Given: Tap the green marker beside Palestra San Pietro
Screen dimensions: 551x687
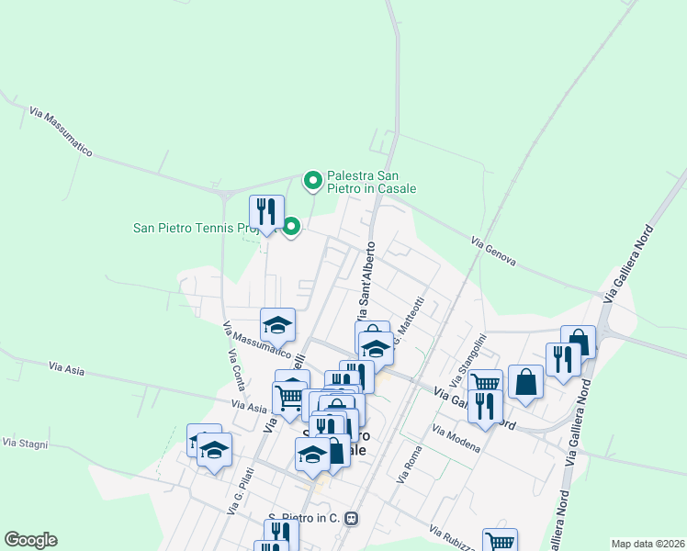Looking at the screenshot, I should click(313, 180).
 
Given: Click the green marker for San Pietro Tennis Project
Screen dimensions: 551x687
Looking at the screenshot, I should click(291, 225).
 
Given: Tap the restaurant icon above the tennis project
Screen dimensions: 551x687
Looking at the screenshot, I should click(266, 211).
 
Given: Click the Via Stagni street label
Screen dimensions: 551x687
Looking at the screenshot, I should click(25, 443).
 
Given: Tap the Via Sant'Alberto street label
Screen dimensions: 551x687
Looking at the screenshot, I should click(366, 275).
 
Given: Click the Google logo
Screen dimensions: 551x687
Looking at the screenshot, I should click(30, 540).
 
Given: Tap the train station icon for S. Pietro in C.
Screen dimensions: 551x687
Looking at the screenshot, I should click(350, 518).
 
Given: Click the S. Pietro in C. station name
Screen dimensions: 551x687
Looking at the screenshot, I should click(304, 518).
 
